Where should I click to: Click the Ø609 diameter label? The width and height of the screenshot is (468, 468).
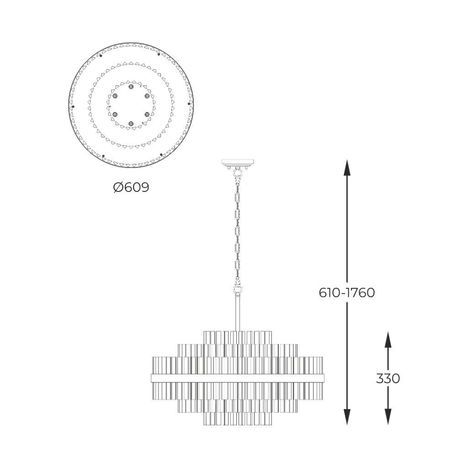[x=131, y=187]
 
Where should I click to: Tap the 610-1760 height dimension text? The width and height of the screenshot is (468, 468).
[x=346, y=293]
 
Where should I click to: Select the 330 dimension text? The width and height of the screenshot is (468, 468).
[x=388, y=378]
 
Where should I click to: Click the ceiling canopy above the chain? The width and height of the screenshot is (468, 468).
[x=238, y=162]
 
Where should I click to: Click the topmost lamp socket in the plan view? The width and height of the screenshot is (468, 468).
[x=131, y=86]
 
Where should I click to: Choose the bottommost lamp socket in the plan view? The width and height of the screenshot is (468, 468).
[x=131, y=124]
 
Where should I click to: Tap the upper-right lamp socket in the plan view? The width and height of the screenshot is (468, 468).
[x=147, y=96]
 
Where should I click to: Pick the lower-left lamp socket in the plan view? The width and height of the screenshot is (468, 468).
[x=115, y=114]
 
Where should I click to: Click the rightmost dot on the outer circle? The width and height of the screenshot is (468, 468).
[x=189, y=104]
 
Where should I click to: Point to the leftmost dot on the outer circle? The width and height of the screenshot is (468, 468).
[x=73, y=107]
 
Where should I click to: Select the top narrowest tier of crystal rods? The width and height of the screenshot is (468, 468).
[x=238, y=337]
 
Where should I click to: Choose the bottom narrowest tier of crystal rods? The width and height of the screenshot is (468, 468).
[x=238, y=419]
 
